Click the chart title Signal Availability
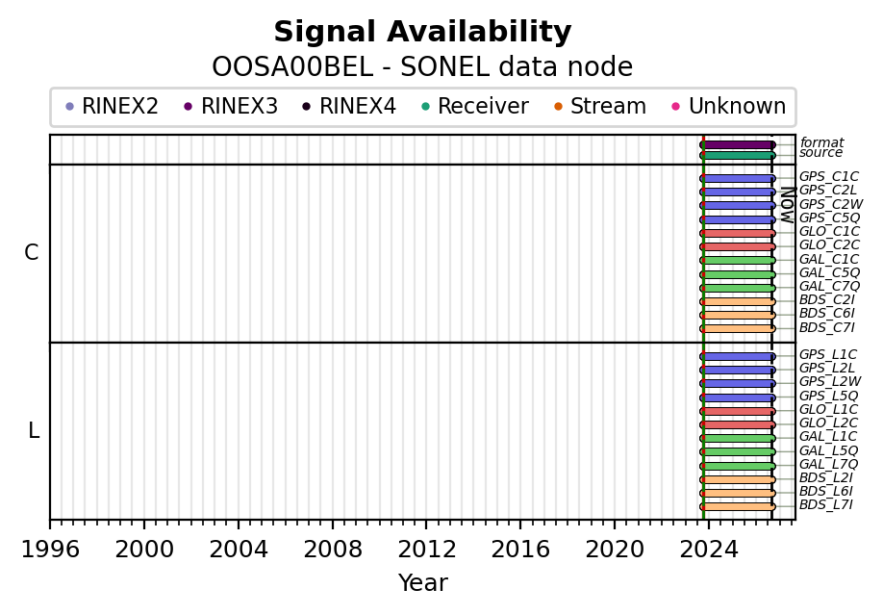tap(422, 32)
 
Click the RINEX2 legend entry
tap(112, 106)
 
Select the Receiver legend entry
tap(475, 106)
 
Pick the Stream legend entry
tap(600, 106)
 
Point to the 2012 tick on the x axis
tap(426, 524)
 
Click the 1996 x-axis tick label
tap(50, 549)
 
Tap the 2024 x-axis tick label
tap(709, 549)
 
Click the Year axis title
tap(422, 583)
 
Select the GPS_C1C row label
tap(828, 177)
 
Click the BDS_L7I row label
tap(825, 504)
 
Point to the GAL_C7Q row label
tap(829, 286)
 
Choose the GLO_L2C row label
tap(828, 423)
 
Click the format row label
tap(821, 142)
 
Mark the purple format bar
tap(738, 145)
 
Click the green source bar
tap(738, 155)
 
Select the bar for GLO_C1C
tap(738, 233)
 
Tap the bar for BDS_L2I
tap(738, 479)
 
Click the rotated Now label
tap(788, 205)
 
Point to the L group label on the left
tap(34, 430)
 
